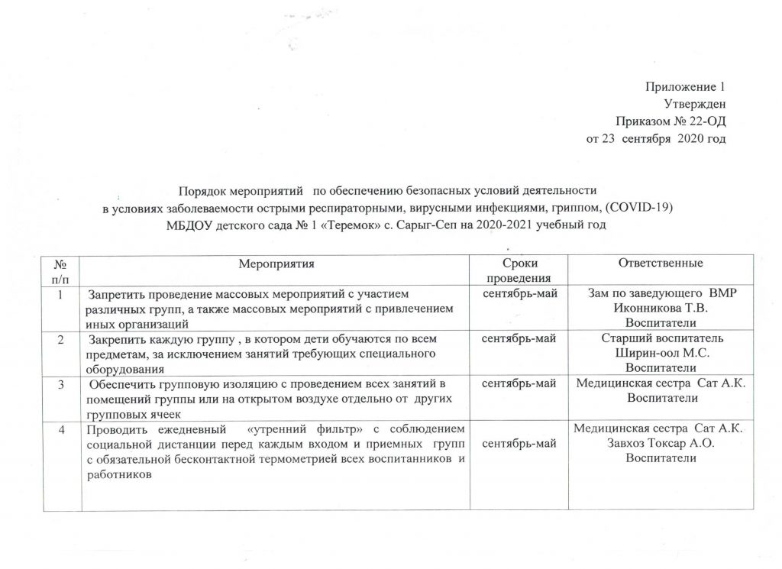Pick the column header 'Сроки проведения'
click(519, 270)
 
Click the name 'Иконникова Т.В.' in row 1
click(661, 308)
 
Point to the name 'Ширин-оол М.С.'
click(661, 353)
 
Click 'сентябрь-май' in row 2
click(519, 338)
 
